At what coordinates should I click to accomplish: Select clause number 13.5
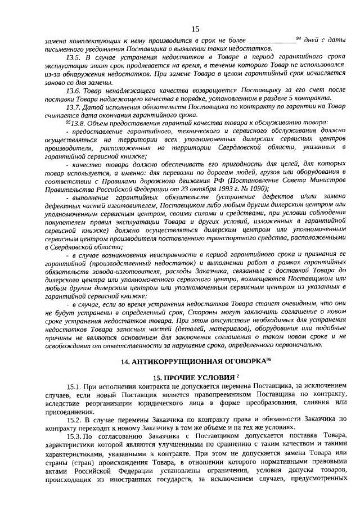(x=74, y=58)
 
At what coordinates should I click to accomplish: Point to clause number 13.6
(x=74, y=90)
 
